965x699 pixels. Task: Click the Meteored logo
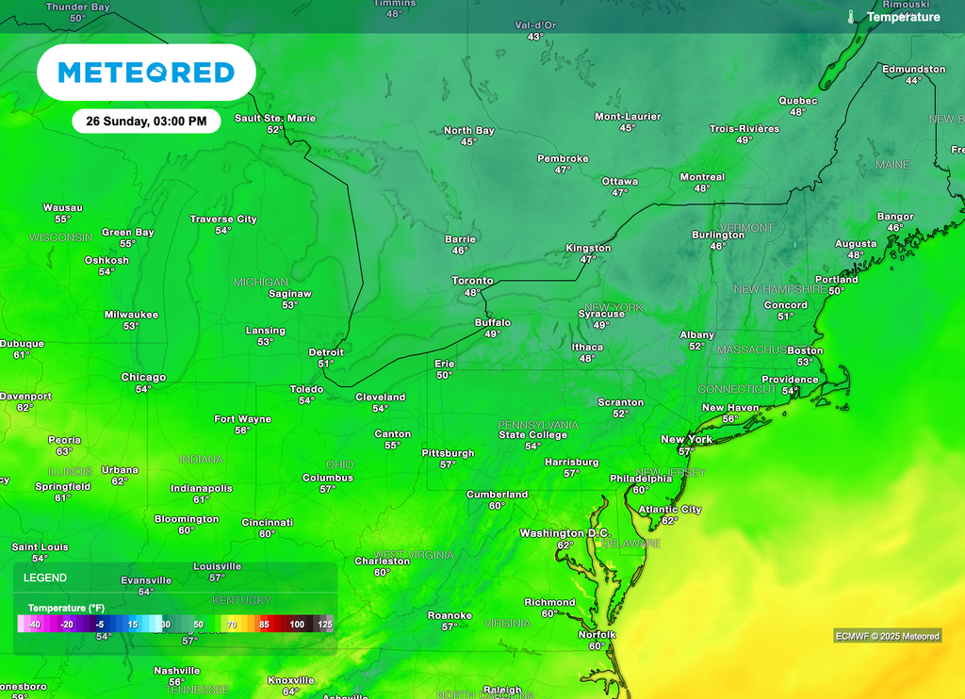pos(146,73)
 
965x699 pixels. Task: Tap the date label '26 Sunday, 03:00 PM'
pos(146,121)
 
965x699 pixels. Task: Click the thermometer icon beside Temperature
pos(851,17)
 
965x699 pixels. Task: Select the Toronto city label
pos(472,281)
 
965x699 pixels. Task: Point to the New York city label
pos(686,439)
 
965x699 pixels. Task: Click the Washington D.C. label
pos(565,533)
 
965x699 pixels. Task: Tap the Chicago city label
pos(143,377)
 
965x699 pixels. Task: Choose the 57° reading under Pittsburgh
pos(448,464)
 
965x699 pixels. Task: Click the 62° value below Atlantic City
pos(669,520)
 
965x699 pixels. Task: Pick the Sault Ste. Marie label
pos(275,118)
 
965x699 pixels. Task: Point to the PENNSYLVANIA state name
pos(538,425)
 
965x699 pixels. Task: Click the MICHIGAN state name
pos(261,282)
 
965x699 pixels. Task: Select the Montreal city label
pos(702,176)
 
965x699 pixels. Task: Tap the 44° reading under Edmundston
pos(913,81)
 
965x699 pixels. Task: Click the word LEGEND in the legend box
pos(45,577)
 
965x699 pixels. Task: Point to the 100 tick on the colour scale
pos(297,625)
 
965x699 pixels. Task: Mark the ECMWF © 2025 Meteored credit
pos(887,636)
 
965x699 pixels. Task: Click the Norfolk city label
pos(596,634)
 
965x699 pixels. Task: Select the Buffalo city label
pos(492,322)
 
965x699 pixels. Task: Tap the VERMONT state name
pos(746,228)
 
